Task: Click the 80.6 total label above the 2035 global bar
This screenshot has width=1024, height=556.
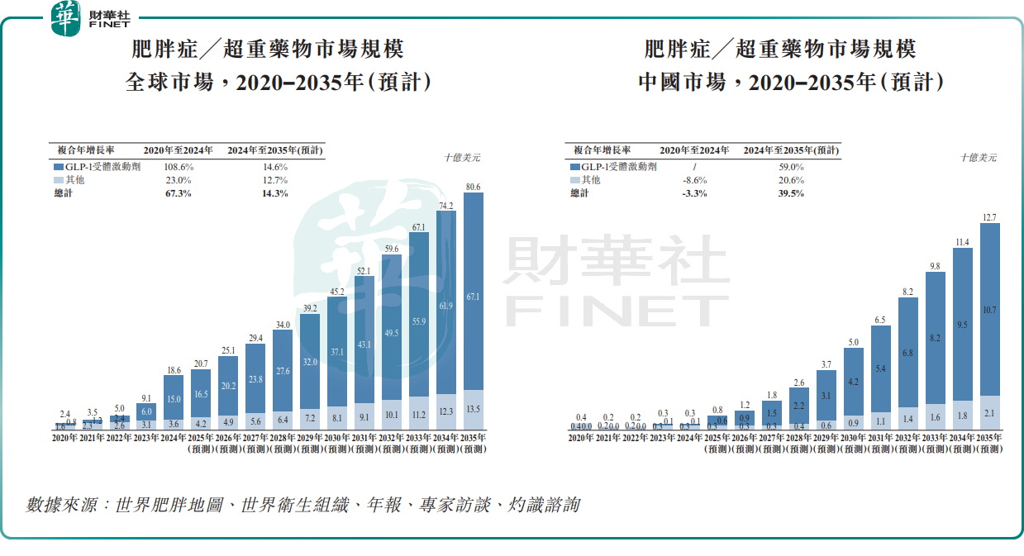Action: click(474, 188)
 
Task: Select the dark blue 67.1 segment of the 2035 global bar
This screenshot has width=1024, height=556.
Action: click(474, 297)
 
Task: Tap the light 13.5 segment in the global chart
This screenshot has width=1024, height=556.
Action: click(474, 408)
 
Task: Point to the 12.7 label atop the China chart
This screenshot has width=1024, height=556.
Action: click(989, 217)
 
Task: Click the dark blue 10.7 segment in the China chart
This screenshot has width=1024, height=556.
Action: click(989, 310)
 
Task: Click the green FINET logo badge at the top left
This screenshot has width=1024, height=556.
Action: click(65, 19)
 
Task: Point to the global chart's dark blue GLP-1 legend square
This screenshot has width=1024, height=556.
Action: click(58, 166)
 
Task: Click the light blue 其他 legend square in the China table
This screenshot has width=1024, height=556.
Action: click(574, 179)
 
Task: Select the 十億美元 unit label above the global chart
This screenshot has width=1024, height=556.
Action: click(461, 157)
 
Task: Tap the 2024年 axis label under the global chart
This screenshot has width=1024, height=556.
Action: click(174, 437)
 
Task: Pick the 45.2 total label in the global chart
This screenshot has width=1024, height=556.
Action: click(337, 292)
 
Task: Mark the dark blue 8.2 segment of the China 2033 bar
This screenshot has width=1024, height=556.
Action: click(936, 338)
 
